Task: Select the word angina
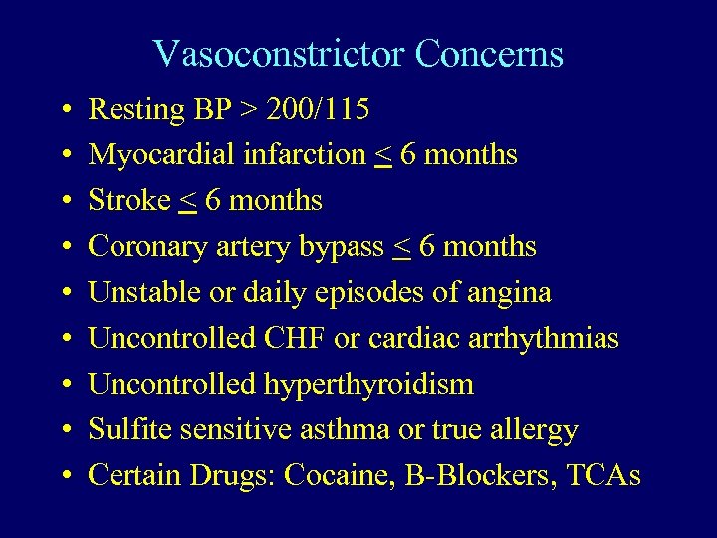pyautogui.click(x=510, y=293)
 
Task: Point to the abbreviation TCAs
pyautogui.click(x=602, y=476)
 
